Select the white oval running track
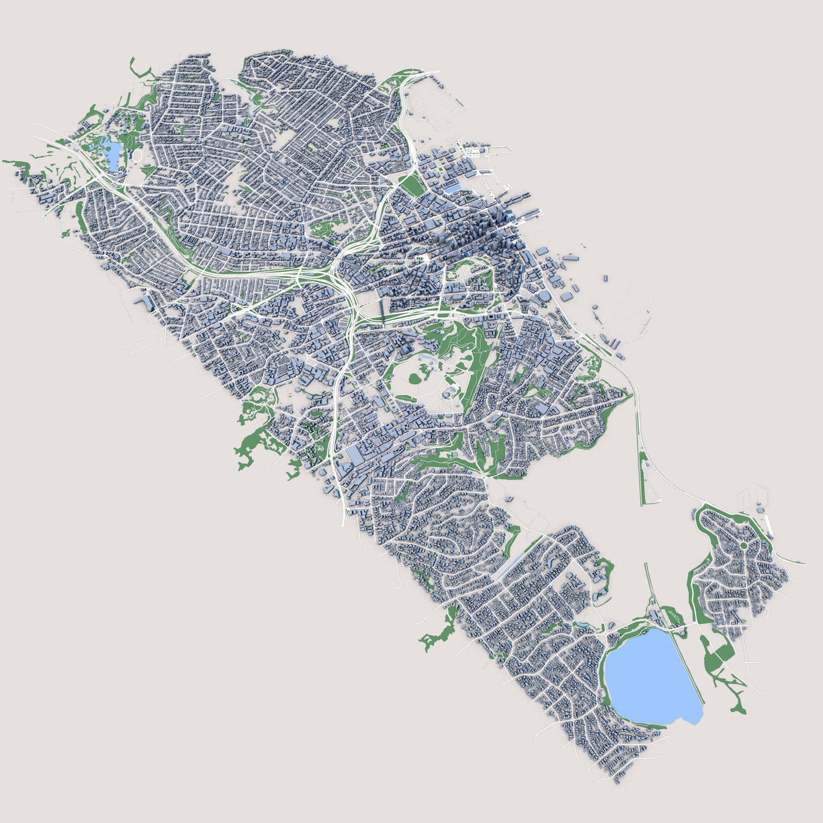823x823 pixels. (137, 156)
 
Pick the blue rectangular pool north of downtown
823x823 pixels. (455, 187)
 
